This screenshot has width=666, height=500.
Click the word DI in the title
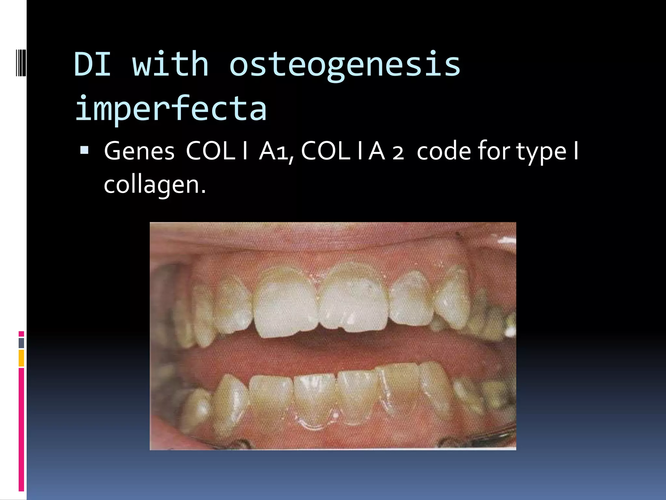92,64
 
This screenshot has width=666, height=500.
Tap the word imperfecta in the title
171,108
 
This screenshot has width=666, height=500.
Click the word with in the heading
170,64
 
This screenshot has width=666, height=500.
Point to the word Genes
139,151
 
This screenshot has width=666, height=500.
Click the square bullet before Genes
84,150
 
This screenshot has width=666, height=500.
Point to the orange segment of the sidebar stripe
21,358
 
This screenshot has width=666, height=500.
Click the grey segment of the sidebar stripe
21,343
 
